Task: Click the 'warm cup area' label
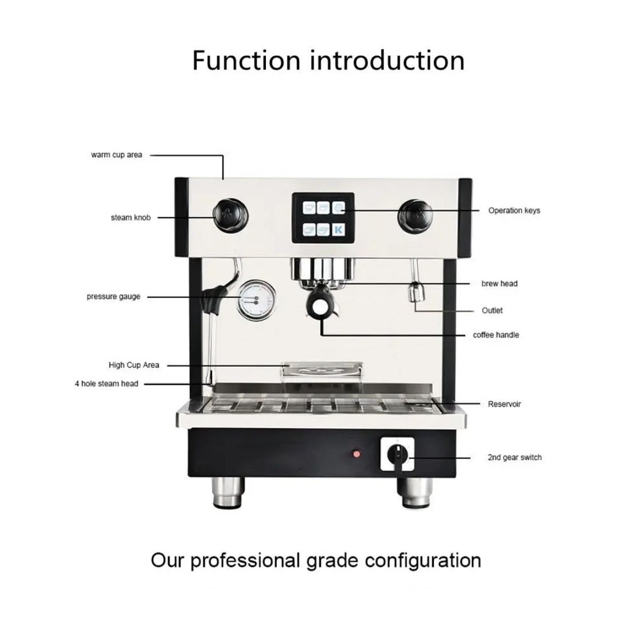click(116, 155)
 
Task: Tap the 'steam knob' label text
click(131, 218)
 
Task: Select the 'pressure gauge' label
click(113, 296)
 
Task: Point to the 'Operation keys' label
click(514, 210)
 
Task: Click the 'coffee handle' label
click(496, 335)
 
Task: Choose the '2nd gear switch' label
click(514, 457)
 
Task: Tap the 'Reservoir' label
click(504, 404)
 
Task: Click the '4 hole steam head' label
click(107, 383)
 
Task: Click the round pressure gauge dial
click(257, 300)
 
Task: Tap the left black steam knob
click(231, 215)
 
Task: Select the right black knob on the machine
click(415, 216)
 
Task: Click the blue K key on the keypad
click(338, 229)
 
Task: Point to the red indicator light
click(356, 454)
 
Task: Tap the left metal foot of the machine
click(228, 492)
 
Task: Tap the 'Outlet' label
click(492, 310)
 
